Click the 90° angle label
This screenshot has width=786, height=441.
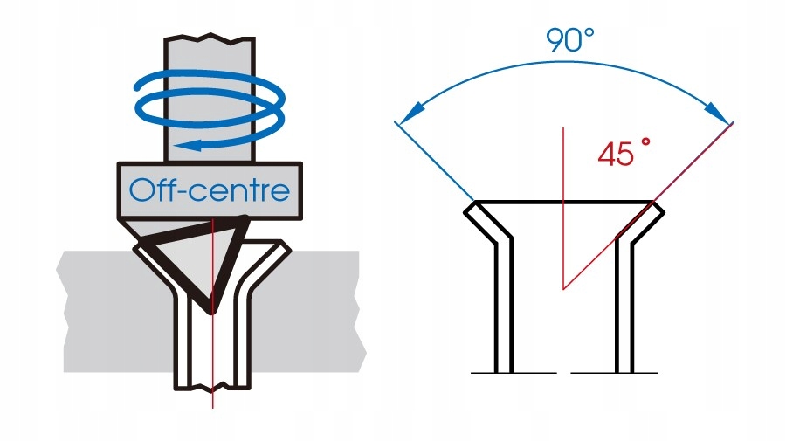569,41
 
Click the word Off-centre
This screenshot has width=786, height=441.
209,189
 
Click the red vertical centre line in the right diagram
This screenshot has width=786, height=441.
563,218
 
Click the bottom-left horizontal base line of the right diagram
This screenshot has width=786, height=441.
513,373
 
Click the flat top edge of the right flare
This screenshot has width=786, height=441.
563,202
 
